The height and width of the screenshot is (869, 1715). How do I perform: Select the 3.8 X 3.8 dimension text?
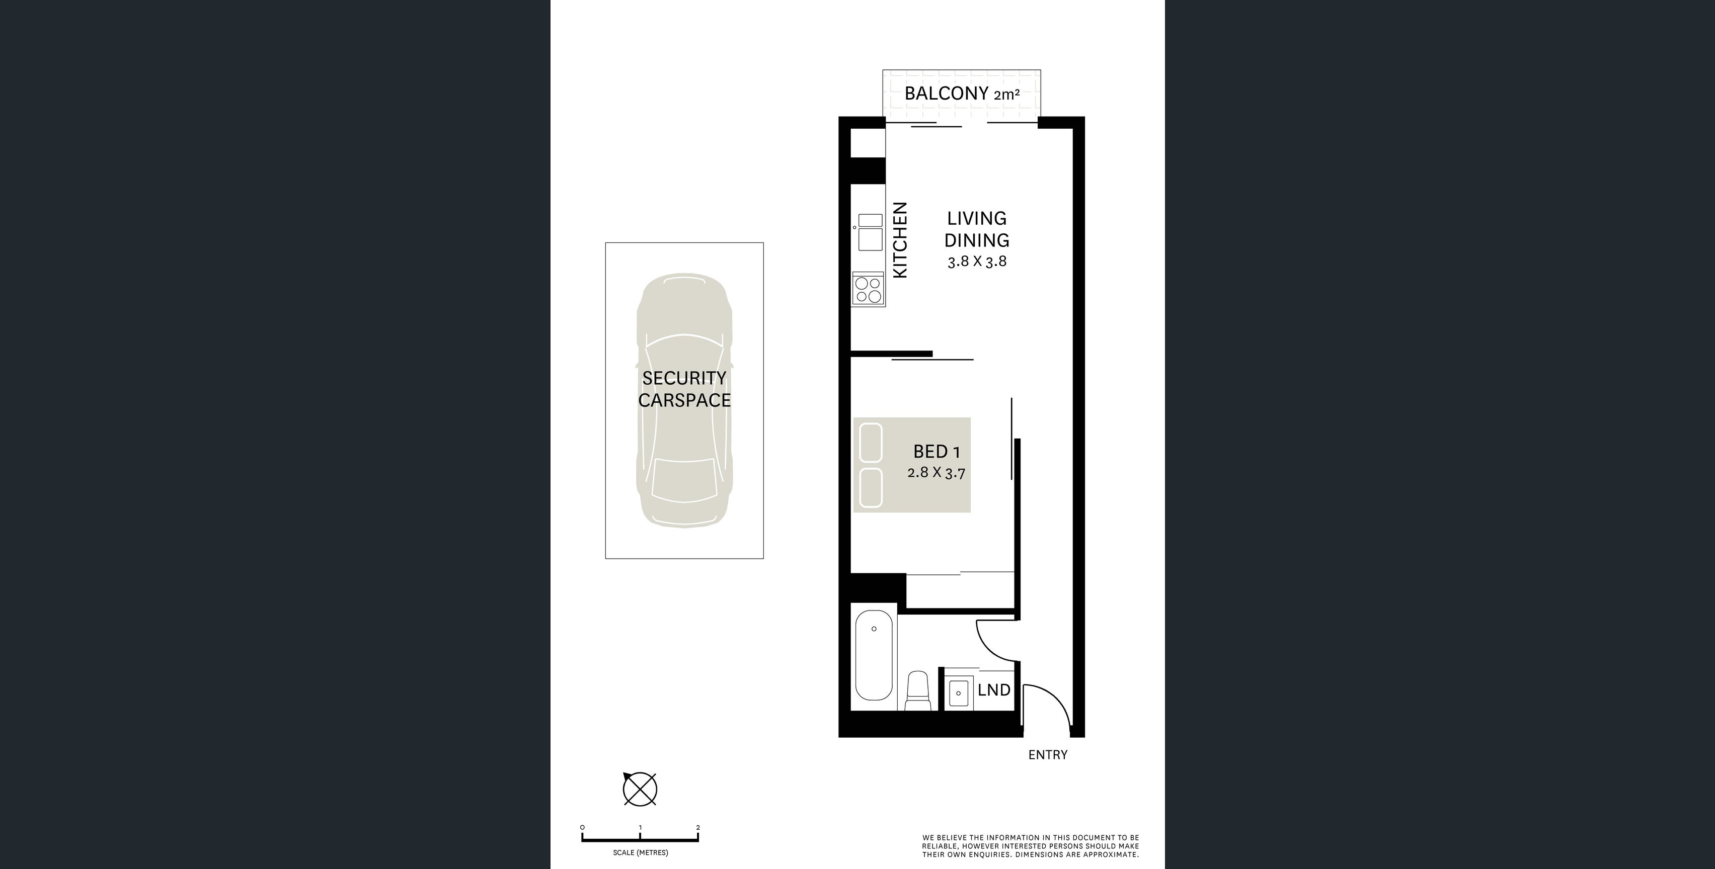pyautogui.click(x=977, y=262)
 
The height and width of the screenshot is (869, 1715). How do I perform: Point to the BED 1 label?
pyautogui.click(x=937, y=452)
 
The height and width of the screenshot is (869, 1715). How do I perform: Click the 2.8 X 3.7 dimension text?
pyautogui.click(x=936, y=473)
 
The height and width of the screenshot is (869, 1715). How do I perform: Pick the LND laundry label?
pyautogui.click(x=994, y=690)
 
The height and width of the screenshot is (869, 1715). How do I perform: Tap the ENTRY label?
pyautogui.click(x=1048, y=754)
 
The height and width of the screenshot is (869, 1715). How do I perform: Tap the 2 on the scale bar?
pyautogui.click(x=697, y=828)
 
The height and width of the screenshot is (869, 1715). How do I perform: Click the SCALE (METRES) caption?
pyautogui.click(x=641, y=852)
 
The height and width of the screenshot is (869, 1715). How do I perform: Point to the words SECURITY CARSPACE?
pyautogui.click(x=684, y=389)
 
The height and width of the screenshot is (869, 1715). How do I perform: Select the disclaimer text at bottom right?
pyautogui.click(x=1031, y=846)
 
